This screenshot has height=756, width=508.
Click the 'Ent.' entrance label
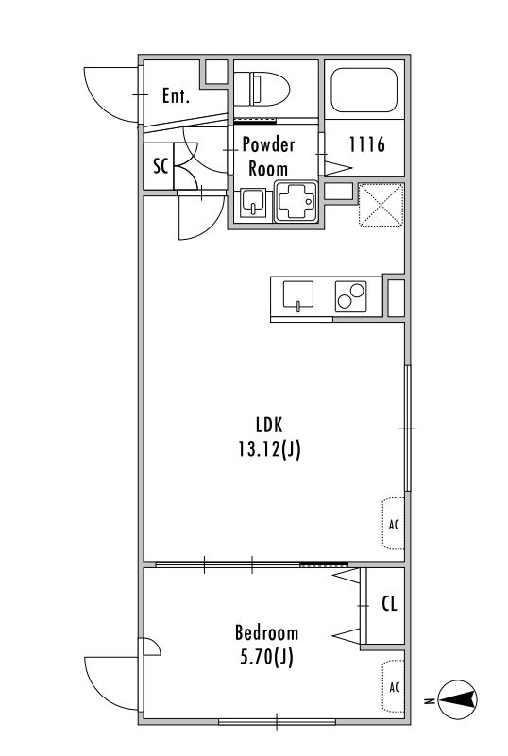[176, 96]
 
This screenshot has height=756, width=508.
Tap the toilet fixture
[262, 89]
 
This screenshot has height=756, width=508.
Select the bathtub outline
[364, 91]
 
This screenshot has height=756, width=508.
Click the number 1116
[366, 144]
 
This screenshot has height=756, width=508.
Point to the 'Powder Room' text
[268, 157]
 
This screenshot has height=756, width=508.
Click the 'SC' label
[161, 166]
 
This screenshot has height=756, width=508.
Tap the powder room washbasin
[254, 202]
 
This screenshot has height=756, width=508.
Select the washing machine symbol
[296, 201]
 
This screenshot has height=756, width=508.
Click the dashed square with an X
[381, 205]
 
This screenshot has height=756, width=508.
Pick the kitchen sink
[297, 295]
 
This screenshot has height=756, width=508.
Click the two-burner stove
[350, 296]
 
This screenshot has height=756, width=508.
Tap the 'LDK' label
[269, 425]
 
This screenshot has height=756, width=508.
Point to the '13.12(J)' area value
[269, 449]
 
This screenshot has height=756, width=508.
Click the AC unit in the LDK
[394, 524]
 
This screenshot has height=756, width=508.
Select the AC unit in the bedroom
[394, 686]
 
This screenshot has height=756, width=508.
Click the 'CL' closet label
[389, 604]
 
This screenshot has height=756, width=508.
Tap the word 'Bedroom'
[266, 632]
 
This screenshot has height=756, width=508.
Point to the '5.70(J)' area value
[266, 657]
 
